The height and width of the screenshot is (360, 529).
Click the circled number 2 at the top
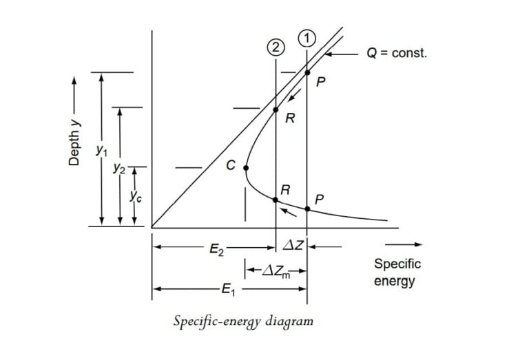click(x=276, y=47)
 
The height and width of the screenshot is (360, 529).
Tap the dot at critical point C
click(x=245, y=167)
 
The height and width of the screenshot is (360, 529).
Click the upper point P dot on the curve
click(x=307, y=72)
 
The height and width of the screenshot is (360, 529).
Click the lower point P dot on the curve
click(x=307, y=209)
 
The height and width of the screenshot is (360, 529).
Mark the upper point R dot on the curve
click(x=276, y=109)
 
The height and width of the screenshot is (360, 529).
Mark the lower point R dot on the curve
click(x=276, y=200)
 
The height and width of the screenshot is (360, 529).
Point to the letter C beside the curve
click(x=231, y=165)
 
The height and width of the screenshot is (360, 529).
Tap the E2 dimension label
click(x=216, y=250)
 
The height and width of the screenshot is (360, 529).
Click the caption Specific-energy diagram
click(x=244, y=321)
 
